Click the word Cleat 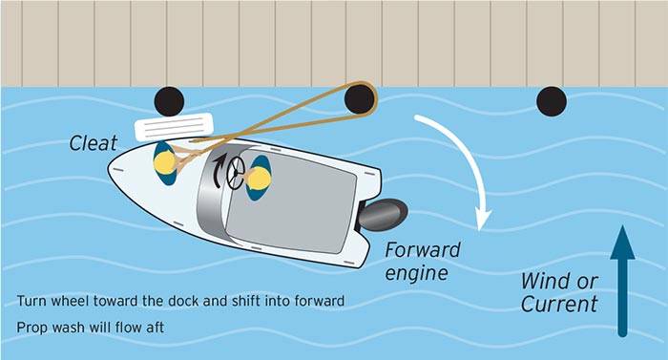[x=94, y=143]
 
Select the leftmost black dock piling [x=168, y=99]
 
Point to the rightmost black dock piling [x=551, y=99]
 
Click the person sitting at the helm [x=259, y=177]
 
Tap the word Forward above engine [x=423, y=250]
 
